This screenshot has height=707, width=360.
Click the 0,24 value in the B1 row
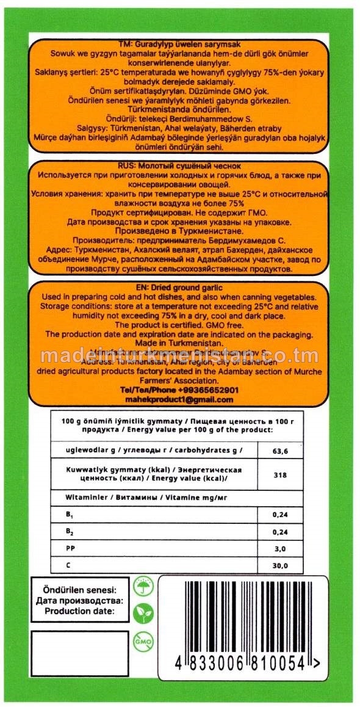pyautogui.click(x=280, y=515)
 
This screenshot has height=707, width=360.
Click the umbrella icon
pyautogui.click(x=143, y=585)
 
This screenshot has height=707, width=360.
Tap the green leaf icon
pyautogui.click(x=143, y=612)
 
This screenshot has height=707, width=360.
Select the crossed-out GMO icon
pyautogui.click(x=143, y=642)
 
